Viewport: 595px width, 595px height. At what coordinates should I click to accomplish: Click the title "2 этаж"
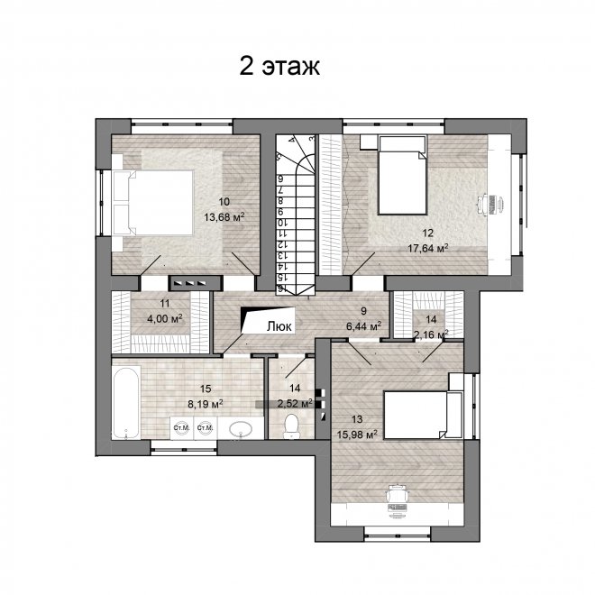pos(279,66)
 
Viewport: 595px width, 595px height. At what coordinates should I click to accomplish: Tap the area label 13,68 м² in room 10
pos(224,217)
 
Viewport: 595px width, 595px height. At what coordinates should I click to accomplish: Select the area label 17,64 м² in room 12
pos(428,248)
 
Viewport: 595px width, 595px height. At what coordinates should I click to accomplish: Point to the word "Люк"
pos(279,326)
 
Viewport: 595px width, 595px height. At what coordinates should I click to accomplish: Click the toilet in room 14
pos(291,426)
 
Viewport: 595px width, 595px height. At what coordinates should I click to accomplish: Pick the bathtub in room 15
pos(125,403)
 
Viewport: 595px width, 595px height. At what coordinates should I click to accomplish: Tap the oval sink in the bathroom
pos(240,429)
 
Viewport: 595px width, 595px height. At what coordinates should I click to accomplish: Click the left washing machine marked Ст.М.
pos(181,428)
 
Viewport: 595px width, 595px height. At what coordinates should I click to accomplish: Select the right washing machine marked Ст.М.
pos(206,428)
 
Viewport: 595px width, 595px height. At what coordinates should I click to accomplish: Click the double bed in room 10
pos(156,203)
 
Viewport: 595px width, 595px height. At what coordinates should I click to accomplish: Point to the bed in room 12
pos(403,175)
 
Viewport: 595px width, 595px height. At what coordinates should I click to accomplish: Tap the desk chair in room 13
pos(397,493)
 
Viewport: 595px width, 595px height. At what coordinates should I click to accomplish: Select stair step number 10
pos(281,222)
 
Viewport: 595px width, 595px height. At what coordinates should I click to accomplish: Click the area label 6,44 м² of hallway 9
pos(364,326)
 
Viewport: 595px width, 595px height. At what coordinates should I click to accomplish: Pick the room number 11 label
pos(165,304)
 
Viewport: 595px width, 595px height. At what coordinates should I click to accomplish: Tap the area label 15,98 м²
pos(357,434)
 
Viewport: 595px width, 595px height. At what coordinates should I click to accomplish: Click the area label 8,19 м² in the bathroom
pos(206,404)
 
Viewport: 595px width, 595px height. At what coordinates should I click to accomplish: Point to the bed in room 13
pos(422,415)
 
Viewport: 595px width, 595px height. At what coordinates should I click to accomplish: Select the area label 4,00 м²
pos(165,318)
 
